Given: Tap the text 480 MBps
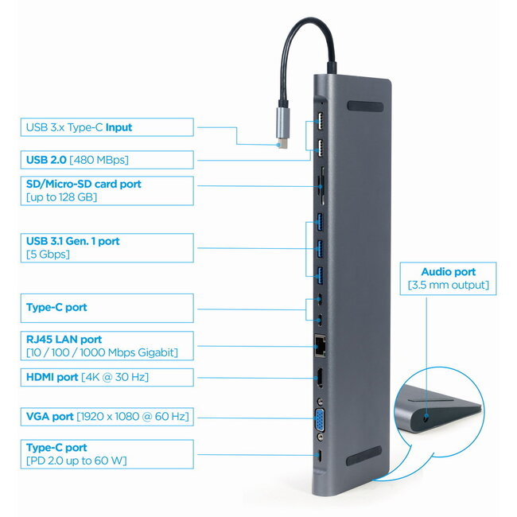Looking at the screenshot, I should (x=99, y=160).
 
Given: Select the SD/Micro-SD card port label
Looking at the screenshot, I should (x=84, y=184).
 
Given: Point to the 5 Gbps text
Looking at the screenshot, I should (x=48, y=255).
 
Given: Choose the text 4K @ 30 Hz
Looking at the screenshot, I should (x=115, y=377).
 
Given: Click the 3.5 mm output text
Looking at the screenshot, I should (x=448, y=285).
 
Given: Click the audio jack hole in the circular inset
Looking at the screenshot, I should (x=429, y=414).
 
